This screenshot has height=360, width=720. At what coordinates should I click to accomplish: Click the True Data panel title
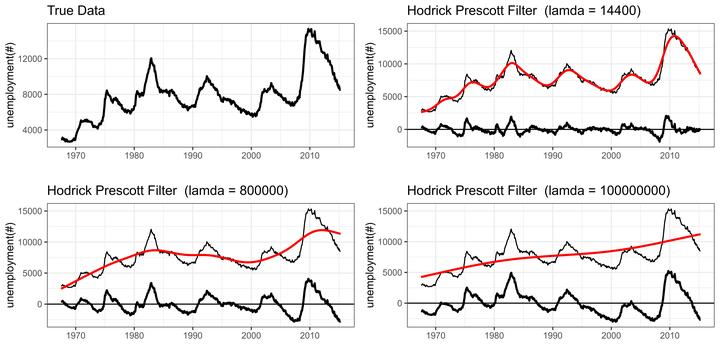(x=76, y=10)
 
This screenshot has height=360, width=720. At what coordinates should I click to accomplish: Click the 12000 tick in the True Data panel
(x=32, y=59)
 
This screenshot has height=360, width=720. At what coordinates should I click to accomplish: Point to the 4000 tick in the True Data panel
(x=34, y=130)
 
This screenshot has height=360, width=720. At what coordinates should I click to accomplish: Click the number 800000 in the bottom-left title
(x=262, y=190)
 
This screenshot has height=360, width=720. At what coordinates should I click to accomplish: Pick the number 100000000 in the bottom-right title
(x=630, y=190)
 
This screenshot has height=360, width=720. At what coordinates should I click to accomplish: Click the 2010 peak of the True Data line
(x=310, y=29)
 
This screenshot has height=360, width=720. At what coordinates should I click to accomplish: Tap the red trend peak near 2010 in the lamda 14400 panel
(x=675, y=36)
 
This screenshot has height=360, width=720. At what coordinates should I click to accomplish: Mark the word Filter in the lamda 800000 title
(x=162, y=190)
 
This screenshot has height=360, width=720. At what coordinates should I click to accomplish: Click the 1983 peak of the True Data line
(x=151, y=59)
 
